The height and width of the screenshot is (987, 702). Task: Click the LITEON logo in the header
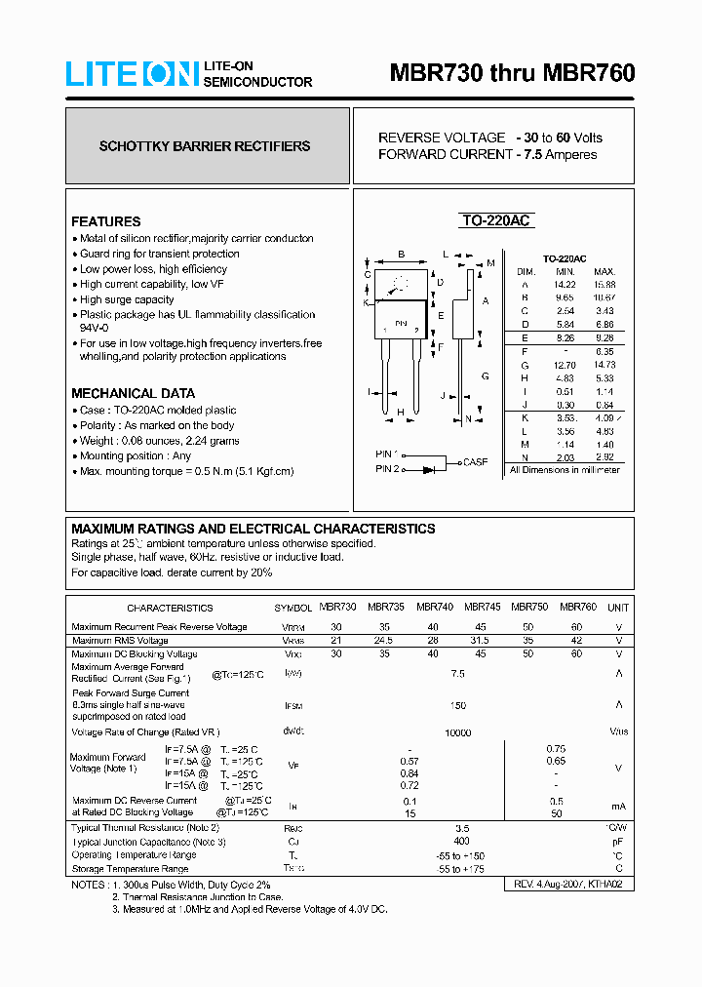point(132,74)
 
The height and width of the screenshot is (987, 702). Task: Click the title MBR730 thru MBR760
point(512,73)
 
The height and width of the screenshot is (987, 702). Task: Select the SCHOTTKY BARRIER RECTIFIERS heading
point(205,146)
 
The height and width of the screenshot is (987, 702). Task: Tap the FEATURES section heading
point(105,221)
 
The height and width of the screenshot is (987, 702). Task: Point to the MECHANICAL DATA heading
point(126,393)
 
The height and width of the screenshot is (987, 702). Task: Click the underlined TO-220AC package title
point(495,221)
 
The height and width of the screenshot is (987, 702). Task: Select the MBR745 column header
point(482,607)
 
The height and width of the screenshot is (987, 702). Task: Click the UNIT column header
point(618,607)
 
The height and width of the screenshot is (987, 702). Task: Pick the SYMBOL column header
point(292,608)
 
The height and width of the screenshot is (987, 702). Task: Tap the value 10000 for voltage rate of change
point(457,732)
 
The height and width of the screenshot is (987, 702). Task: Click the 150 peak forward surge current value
point(457,705)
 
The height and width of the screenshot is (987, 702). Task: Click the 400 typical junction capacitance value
point(461,841)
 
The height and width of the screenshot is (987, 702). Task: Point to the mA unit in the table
point(618,806)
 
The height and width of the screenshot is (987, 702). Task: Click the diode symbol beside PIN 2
point(429,469)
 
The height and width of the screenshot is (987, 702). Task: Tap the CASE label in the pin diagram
point(476,462)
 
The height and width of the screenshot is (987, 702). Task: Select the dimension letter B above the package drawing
point(401,255)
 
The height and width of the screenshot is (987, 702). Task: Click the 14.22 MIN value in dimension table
point(565,284)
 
